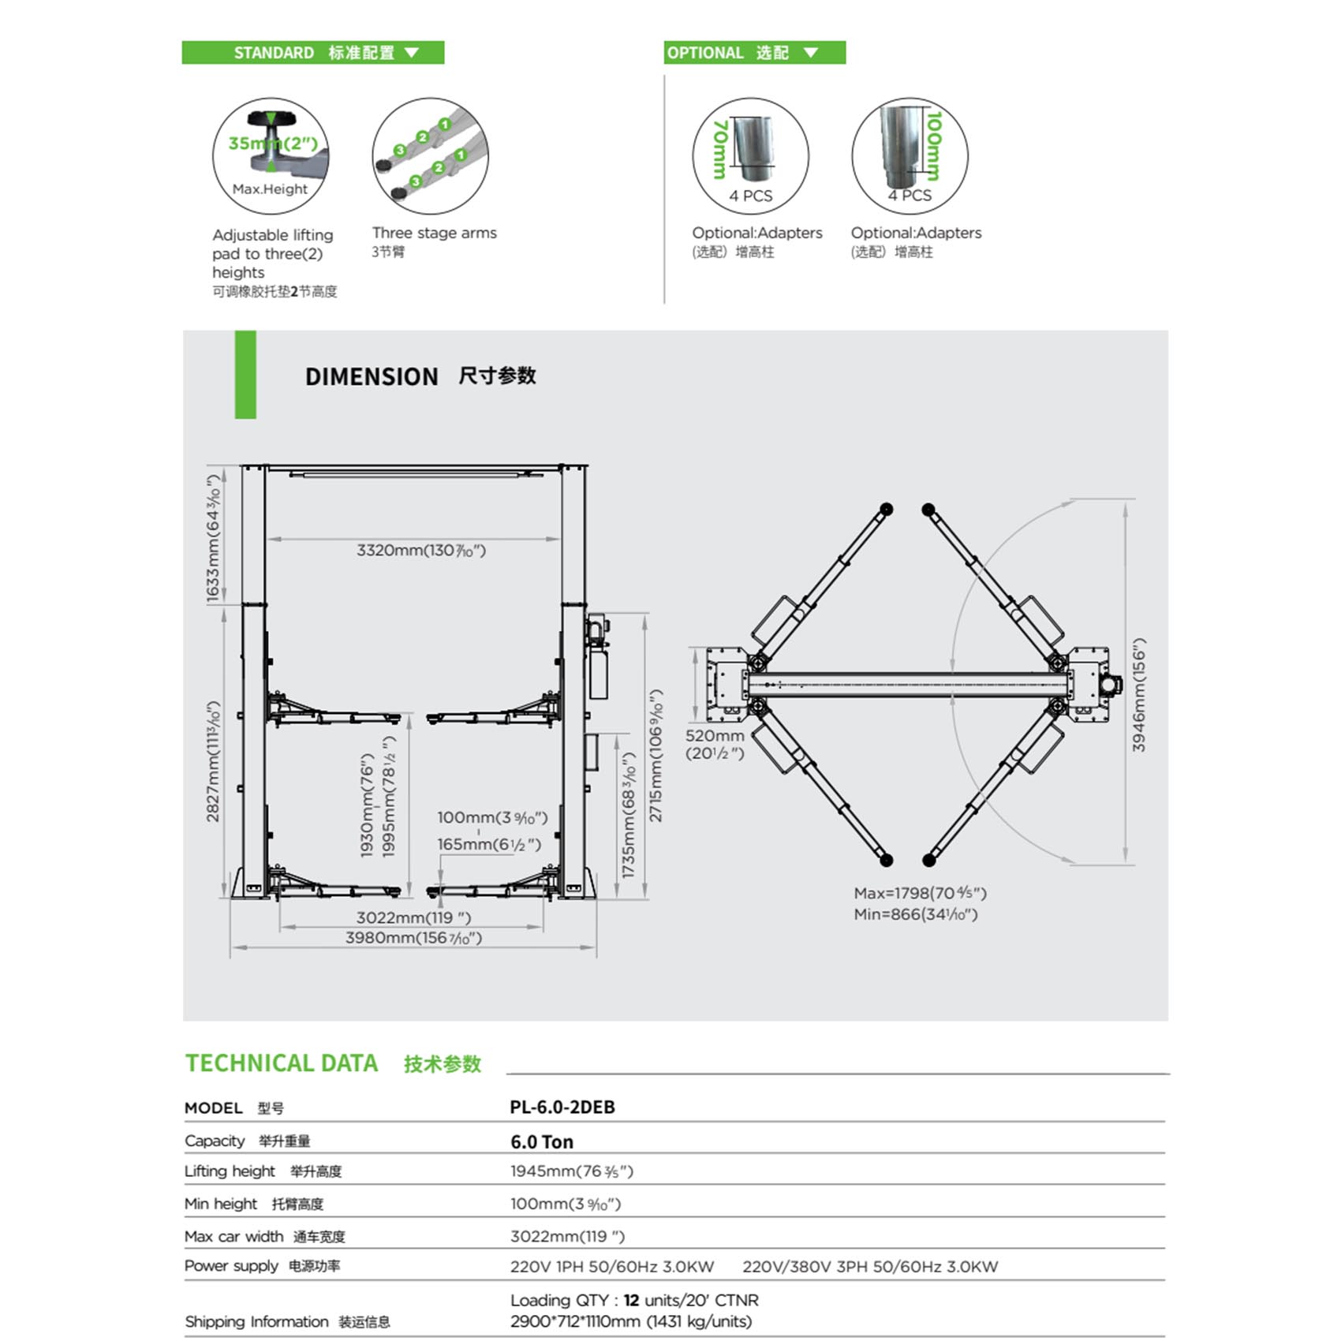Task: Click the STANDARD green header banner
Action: (313, 53)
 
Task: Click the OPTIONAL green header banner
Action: (754, 53)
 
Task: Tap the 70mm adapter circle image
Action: (750, 155)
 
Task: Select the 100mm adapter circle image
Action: (910, 155)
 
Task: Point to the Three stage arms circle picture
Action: (430, 155)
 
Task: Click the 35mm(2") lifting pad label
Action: (272, 144)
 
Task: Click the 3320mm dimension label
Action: (421, 551)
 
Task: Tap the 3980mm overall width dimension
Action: (413, 938)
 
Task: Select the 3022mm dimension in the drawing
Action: (413, 917)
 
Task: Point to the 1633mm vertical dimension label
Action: (213, 540)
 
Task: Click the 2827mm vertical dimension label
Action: (213, 761)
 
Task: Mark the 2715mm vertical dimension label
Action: (656, 756)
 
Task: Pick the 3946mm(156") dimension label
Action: (1138, 694)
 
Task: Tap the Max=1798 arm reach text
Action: (920, 893)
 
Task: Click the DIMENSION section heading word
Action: (372, 377)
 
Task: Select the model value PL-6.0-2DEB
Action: (562, 1108)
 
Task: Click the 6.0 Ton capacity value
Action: (542, 1141)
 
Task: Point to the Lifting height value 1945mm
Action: (571, 1171)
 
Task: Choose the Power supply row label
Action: (231, 1266)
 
